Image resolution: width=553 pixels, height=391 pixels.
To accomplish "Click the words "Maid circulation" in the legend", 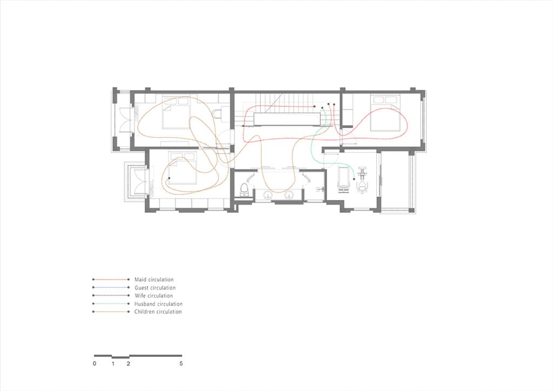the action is point(154,280).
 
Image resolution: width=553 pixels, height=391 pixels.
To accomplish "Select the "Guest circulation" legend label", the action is point(155,288).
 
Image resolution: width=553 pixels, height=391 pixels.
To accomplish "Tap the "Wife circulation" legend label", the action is point(154,296).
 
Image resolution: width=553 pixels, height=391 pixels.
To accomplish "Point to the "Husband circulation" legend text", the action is point(158,304).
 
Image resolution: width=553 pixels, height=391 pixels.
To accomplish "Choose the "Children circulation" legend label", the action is point(158,312).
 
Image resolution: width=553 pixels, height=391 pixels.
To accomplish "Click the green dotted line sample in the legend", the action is point(111,304).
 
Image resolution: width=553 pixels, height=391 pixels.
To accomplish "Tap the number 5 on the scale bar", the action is point(181,363).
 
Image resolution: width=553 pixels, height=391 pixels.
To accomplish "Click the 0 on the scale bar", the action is point(94,363).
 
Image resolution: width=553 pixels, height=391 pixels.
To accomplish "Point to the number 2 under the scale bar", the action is point(129,363).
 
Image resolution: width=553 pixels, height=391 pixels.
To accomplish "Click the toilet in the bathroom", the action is point(244,190).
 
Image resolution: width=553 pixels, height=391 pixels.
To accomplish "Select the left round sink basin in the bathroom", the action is point(268,194).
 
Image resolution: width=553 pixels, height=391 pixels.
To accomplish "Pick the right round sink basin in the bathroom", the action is point(289,194).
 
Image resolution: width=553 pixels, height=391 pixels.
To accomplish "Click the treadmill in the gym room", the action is point(343,180).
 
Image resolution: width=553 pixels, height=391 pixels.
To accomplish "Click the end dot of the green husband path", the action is point(354,179).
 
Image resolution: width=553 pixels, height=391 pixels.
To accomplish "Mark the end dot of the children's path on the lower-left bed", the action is point(169,178).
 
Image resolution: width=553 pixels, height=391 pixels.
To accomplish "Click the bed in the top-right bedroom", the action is point(386,113).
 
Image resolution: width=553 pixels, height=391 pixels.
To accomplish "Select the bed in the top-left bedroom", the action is point(177,113).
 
